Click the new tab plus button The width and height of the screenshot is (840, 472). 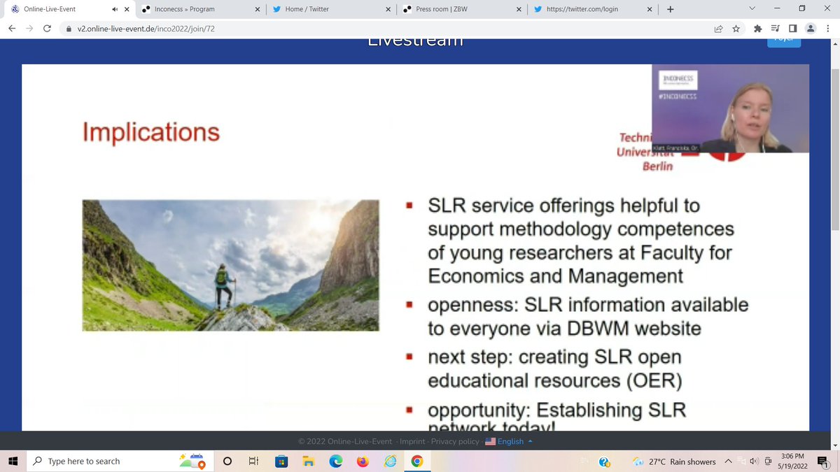click(670, 9)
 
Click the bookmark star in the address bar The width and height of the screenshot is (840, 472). click(736, 29)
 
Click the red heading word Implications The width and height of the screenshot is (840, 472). click(150, 132)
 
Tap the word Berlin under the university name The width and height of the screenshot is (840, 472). click(657, 166)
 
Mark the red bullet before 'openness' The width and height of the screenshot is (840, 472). click(409, 306)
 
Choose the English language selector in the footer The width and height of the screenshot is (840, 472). click(510, 441)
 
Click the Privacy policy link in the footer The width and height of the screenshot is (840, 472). click(455, 441)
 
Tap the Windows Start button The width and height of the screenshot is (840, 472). click(13, 462)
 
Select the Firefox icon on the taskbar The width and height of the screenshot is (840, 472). click(362, 462)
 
